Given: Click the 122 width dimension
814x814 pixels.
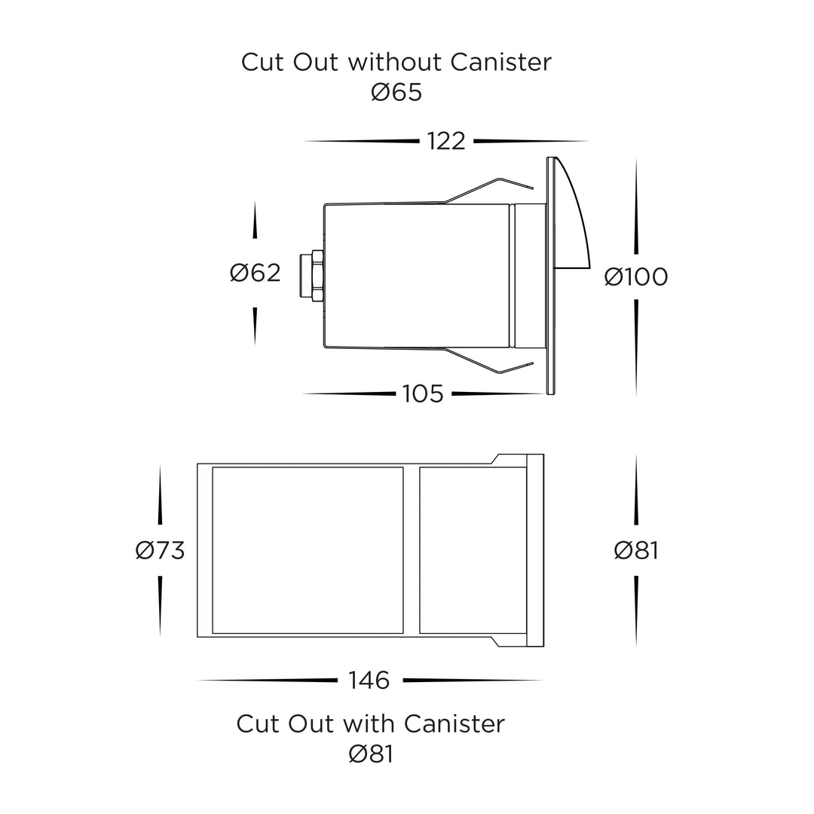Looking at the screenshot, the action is [x=446, y=141].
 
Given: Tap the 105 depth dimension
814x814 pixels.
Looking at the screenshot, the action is [x=423, y=394].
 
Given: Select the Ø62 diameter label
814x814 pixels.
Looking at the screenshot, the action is [x=255, y=273].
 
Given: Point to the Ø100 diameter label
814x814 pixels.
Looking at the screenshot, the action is [x=636, y=277].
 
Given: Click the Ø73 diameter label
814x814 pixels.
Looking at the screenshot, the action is [x=160, y=551].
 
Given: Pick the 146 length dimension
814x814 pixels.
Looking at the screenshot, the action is [x=369, y=681].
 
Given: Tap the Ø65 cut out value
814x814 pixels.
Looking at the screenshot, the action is [x=396, y=93].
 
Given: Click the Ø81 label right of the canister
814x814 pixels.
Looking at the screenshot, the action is [x=636, y=551].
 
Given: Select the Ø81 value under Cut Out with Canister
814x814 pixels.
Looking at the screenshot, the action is [x=371, y=754].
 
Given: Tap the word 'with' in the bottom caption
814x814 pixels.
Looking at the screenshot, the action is [x=369, y=724].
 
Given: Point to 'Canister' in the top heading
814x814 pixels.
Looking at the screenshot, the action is [x=500, y=63].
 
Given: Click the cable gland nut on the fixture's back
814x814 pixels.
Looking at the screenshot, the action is [x=312, y=275].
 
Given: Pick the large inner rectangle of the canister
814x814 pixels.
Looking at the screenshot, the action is [x=308, y=550].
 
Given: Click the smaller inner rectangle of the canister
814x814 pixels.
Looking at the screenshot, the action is [x=473, y=550].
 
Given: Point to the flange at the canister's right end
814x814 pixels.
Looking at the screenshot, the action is [x=535, y=550].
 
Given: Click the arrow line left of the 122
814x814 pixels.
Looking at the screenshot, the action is [x=361, y=141].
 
